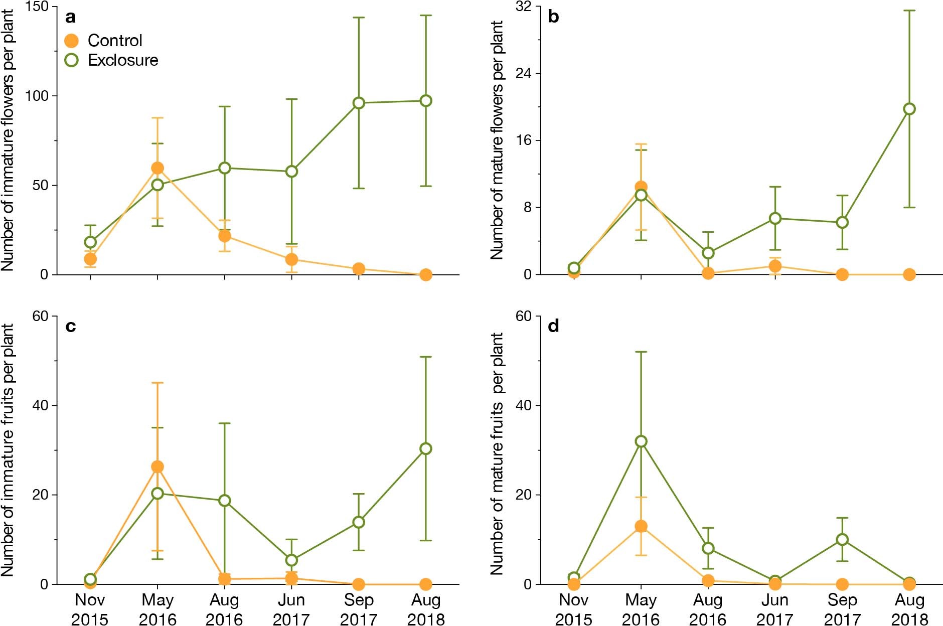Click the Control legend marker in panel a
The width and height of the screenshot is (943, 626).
[x=72, y=41]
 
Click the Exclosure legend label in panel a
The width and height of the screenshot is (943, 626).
[x=123, y=60]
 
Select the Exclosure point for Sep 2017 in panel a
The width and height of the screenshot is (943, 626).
[x=359, y=103]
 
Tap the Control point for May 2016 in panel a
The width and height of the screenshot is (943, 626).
[x=158, y=168]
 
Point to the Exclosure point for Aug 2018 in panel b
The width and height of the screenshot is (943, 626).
[x=909, y=109]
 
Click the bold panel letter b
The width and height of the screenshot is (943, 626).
[x=553, y=17]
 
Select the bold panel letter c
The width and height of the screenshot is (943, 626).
[x=71, y=327]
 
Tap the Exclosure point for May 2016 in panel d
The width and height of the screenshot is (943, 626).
[x=641, y=441]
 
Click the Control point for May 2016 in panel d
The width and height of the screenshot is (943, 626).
[x=641, y=526]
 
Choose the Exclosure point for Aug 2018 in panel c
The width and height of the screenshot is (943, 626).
[x=426, y=448]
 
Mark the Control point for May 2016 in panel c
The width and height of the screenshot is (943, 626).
[x=158, y=467]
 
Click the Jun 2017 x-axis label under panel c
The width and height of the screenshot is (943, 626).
[x=291, y=609]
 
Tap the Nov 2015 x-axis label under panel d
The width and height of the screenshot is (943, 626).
[x=574, y=609]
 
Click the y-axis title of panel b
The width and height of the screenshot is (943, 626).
[x=497, y=140]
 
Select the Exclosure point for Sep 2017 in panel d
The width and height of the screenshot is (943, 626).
[x=842, y=540]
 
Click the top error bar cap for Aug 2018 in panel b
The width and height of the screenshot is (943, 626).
[x=909, y=11]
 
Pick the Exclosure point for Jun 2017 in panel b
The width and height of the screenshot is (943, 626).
[x=775, y=218]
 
